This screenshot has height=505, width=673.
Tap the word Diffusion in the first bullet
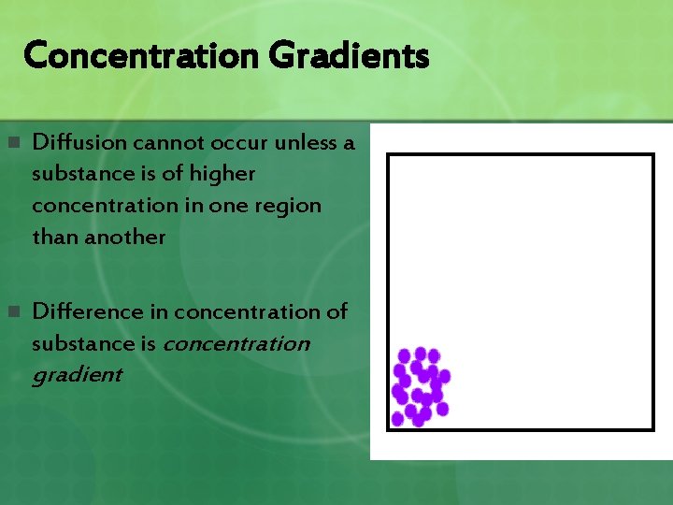[80, 142]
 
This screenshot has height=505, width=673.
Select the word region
[289, 205]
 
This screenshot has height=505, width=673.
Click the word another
[125, 237]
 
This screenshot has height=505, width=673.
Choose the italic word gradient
[77, 375]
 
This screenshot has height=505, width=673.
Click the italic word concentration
[236, 343]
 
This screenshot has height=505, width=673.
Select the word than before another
[55, 237]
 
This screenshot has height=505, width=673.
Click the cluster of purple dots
[421, 385]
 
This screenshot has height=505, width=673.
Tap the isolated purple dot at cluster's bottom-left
[397, 419]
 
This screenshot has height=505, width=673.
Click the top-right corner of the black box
[652, 155]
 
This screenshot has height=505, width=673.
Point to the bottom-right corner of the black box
[652, 429]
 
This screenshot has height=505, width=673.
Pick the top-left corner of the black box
[389, 155]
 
